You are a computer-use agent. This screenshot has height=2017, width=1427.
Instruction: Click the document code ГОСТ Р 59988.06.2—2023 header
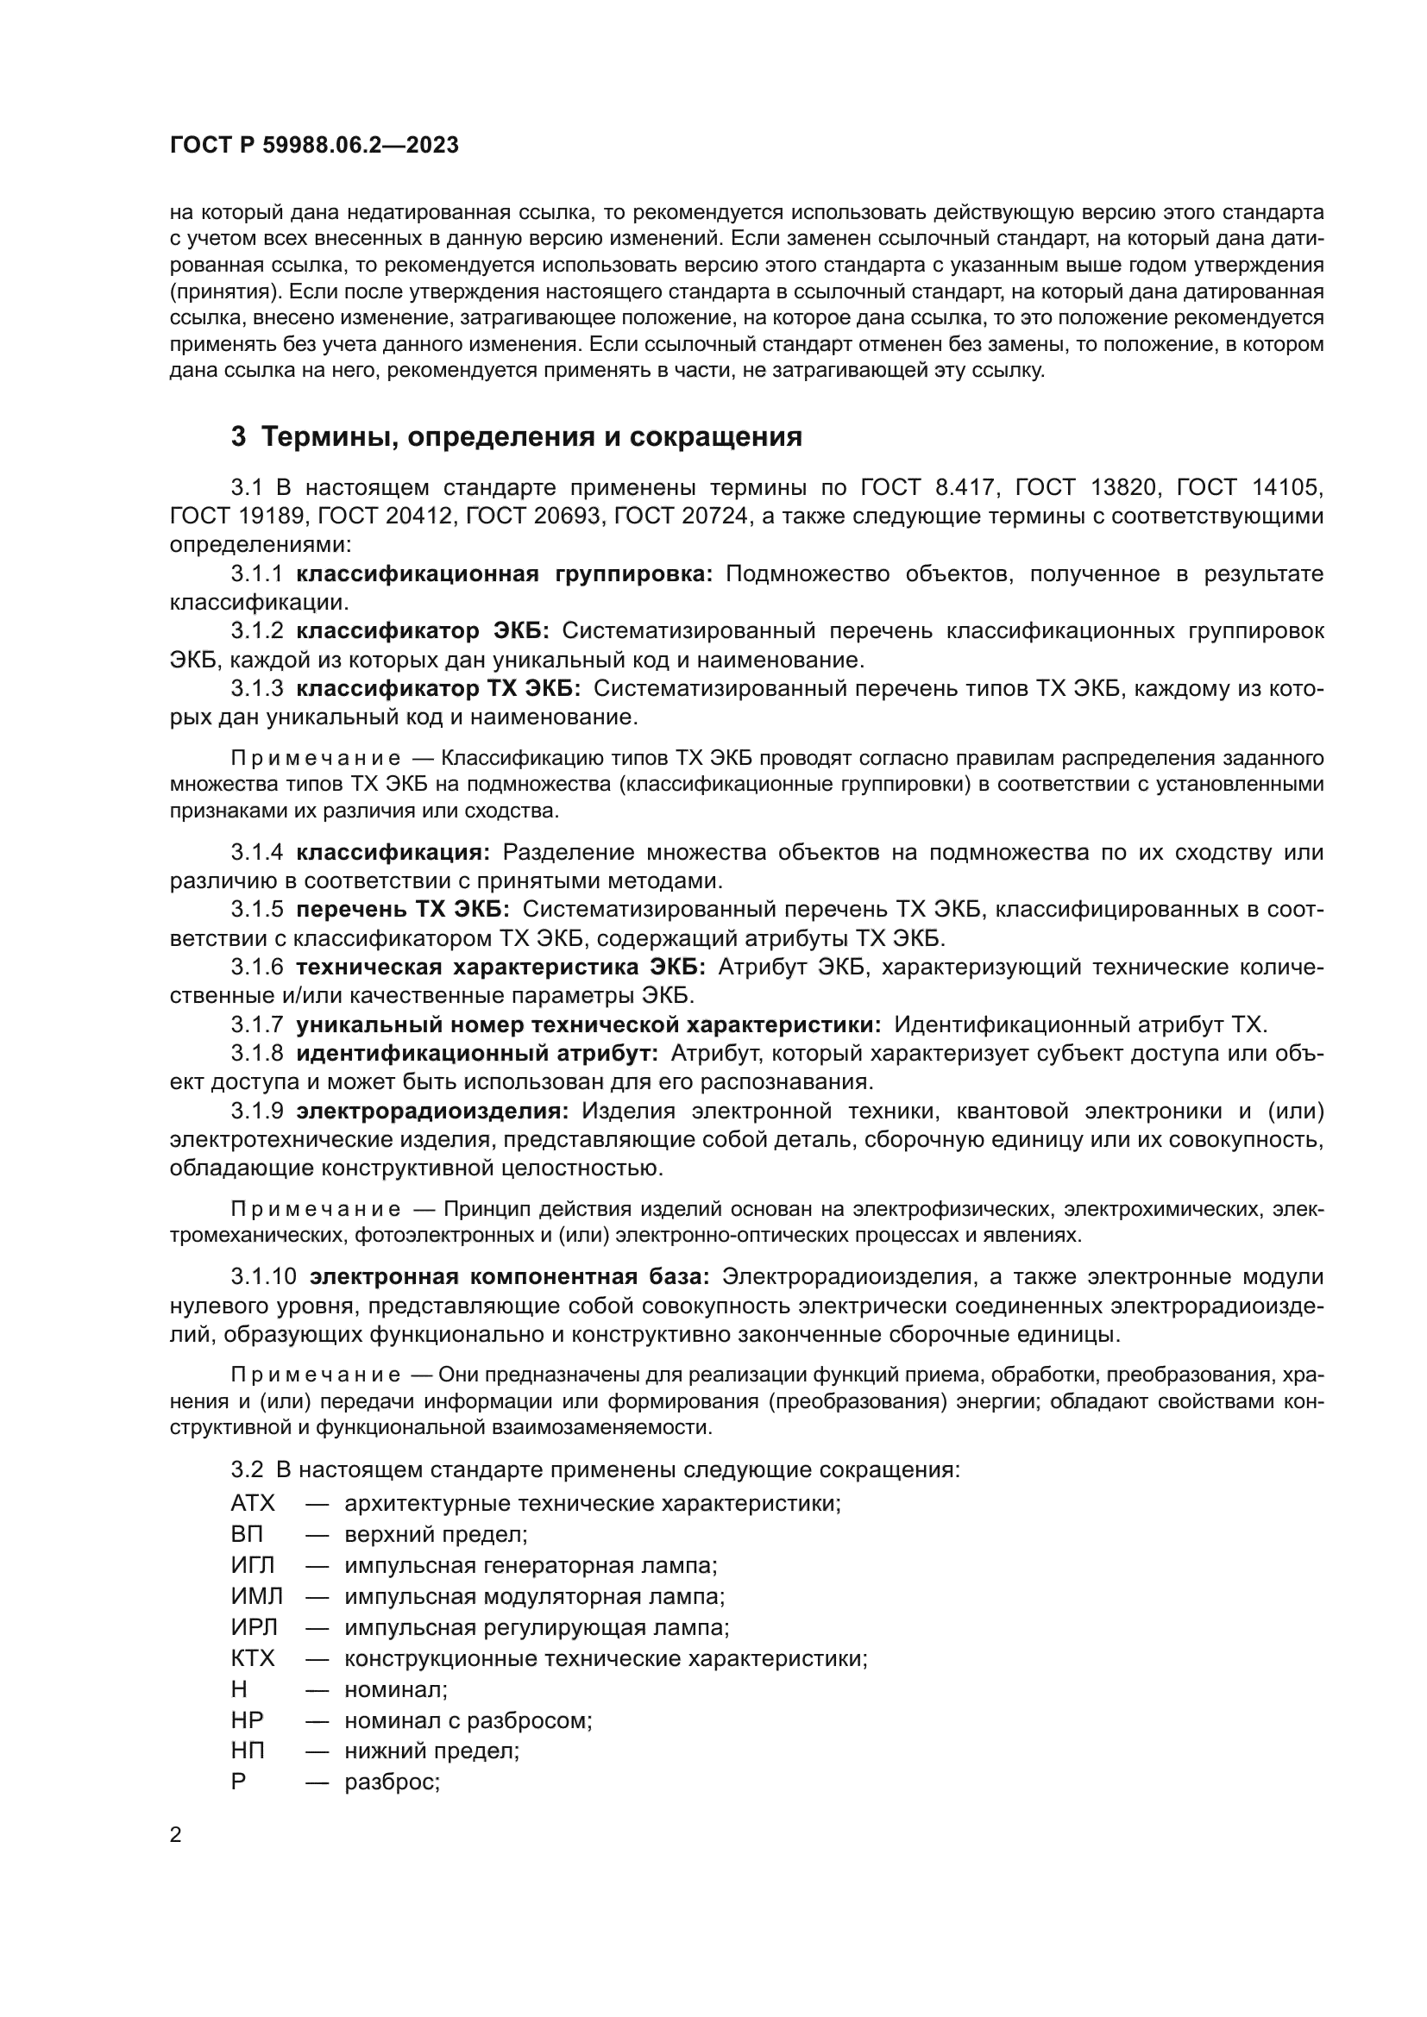point(314,145)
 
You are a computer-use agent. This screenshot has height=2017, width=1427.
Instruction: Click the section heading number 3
point(238,436)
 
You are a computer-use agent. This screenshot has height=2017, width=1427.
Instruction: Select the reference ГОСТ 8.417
point(927,486)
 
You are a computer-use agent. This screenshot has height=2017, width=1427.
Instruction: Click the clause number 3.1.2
point(256,630)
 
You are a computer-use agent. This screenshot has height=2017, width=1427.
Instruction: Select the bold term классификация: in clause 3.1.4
point(393,852)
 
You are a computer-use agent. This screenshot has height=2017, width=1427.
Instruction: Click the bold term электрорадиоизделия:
point(432,1112)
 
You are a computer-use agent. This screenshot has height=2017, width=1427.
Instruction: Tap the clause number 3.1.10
point(264,1276)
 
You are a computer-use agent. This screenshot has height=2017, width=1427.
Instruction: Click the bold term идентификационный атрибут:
point(476,1053)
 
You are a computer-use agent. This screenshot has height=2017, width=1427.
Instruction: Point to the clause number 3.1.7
point(256,1024)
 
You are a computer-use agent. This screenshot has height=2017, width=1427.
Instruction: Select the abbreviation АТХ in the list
point(252,1503)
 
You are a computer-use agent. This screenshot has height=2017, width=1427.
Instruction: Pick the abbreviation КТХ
point(252,1658)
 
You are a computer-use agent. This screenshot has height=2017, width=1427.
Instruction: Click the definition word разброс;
point(391,1782)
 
